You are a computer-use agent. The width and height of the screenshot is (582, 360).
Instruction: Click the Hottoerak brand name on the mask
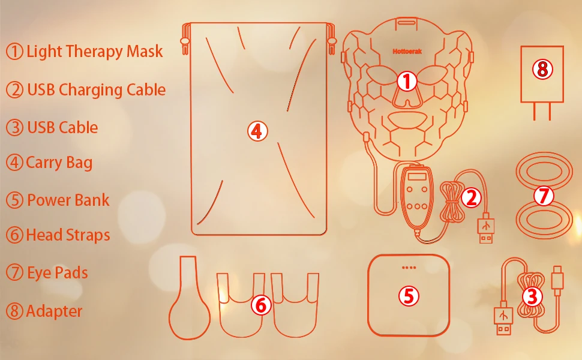pyautogui.click(x=407, y=52)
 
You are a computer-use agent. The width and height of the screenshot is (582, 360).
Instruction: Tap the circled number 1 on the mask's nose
pyautogui.click(x=407, y=81)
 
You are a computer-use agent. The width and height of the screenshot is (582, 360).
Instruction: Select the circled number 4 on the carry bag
pyautogui.click(x=257, y=131)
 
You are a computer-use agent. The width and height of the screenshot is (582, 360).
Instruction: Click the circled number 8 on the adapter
pyautogui.click(x=542, y=69)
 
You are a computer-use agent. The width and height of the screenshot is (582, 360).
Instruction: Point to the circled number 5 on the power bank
pyautogui.click(x=409, y=296)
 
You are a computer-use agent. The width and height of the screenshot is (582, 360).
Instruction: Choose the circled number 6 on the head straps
pyautogui.click(x=261, y=305)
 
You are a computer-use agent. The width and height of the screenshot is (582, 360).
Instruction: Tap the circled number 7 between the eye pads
pyautogui.click(x=544, y=196)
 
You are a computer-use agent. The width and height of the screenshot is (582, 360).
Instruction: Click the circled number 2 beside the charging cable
pyautogui.click(x=472, y=198)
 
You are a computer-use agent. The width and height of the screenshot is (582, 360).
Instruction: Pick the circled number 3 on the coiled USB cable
pyautogui.click(x=532, y=297)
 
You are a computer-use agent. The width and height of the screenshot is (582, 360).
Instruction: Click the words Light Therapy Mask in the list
pyautogui.click(x=95, y=52)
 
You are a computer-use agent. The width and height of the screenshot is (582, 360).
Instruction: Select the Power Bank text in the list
pyautogui.click(x=68, y=200)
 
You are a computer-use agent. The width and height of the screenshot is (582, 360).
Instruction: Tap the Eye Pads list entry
pyautogui.click(x=58, y=273)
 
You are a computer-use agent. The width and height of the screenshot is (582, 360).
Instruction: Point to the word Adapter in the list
pyautogui.click(x=54, y=311)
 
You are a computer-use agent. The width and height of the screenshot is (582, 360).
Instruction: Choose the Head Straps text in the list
pyautogui.click(x=68, y=235)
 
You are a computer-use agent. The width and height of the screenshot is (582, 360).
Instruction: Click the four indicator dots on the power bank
pyautogui.click(x=409, y=267)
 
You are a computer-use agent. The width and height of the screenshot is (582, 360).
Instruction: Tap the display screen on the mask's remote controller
pyautogui.click(x=417, y=176)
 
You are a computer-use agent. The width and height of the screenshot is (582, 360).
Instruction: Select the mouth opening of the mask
pyautogui.click(x=407, y=119)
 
